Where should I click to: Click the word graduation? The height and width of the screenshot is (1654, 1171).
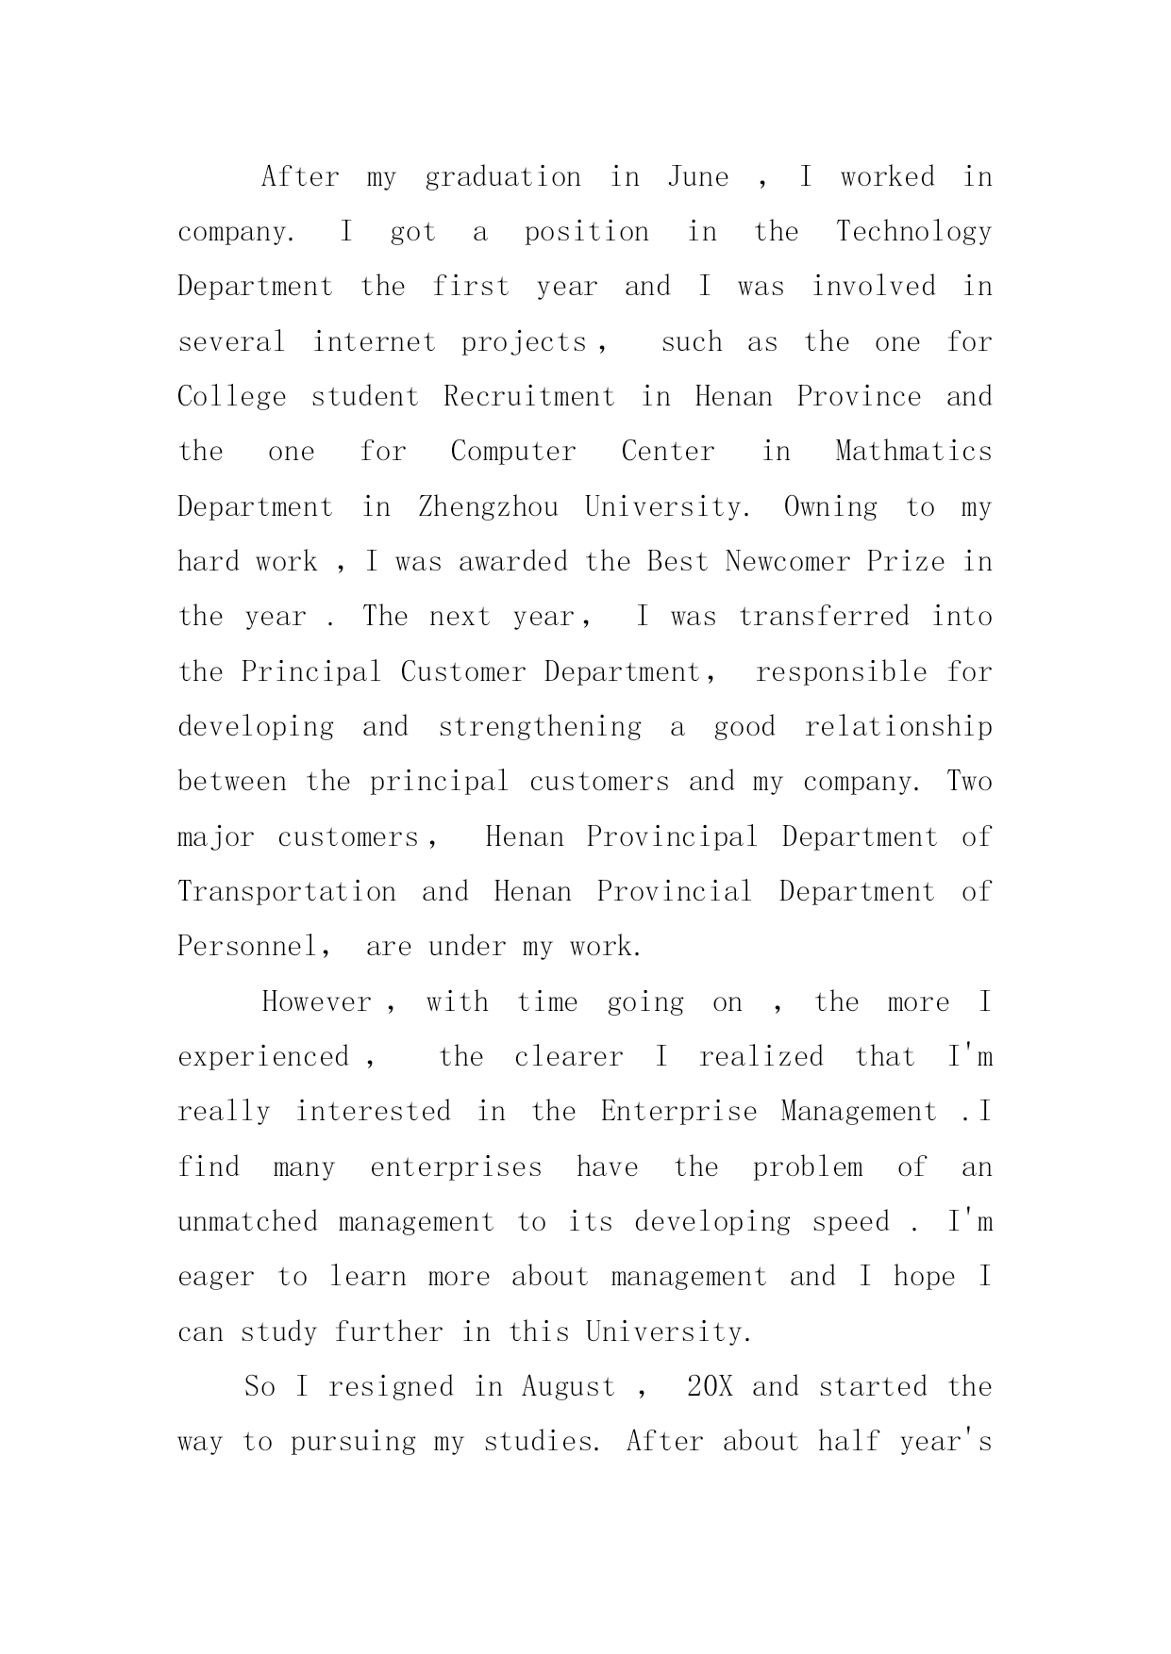(503, 178)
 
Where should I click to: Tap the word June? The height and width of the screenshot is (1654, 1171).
(698, 177)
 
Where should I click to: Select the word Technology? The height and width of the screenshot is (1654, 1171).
(913, 233)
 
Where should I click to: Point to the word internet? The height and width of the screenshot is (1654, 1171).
(374, 342)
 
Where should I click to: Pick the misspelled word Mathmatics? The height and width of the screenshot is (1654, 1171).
(913, 452)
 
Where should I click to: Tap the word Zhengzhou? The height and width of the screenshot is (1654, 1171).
(488, 507)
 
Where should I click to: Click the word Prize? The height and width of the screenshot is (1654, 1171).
(905, 562)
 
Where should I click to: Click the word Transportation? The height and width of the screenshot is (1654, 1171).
(287, 892)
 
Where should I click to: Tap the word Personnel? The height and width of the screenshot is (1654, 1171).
(249, 947)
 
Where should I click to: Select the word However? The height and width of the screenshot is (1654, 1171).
(317, 1001)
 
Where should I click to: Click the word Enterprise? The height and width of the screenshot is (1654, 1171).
(678, 1112)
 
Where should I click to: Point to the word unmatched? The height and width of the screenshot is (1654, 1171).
(247, 1222)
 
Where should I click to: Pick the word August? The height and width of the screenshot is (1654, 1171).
(568, 1387)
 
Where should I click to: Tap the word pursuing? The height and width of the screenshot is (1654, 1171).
(353, 1443)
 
